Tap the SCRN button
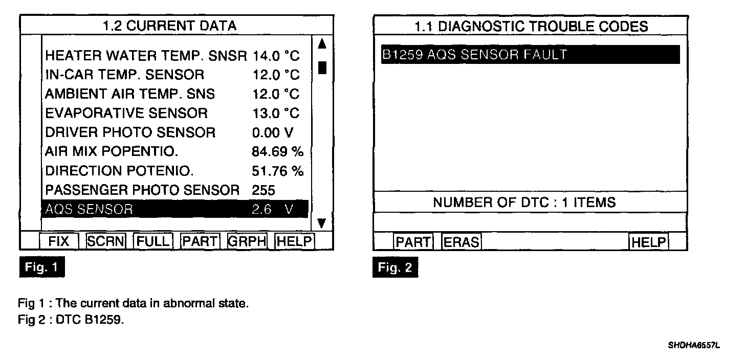tap(106, 241)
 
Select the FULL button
tap(153, 241)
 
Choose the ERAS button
tap(462, 242)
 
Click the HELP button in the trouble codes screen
tap(649, 242)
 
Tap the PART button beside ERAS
tap(413, 242)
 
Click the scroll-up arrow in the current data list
tap(322, 44)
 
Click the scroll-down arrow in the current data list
tap(322, 223)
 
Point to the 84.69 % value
tap(277, 152)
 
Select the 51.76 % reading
tap(277, 171)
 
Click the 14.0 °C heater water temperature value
tap(276, 56)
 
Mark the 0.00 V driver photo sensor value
tap(273, 132)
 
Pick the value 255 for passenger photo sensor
tap(264, 190)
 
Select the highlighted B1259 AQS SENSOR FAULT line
tap(530, 55)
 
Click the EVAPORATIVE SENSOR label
tap(126, 113)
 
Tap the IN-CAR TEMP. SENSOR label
tap(124, 75)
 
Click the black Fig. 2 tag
tap(395, 268)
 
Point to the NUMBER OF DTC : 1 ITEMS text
tap(524, 202)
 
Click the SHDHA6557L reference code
tap(693, 346)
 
